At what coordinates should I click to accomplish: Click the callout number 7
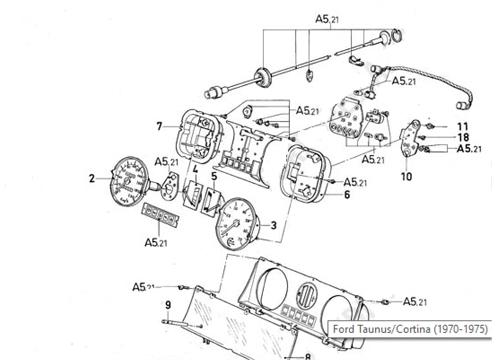click(159, 127)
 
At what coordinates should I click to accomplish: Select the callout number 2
click(92, 179)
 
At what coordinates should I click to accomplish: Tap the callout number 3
click(274, 226)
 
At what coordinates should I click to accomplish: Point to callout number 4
click(195, 170)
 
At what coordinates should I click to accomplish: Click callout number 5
click(214, 175)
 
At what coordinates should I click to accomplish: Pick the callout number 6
click(347, 195)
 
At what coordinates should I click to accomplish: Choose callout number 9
click(168, 305)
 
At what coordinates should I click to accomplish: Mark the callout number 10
click(406, 176)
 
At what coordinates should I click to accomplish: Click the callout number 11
click(462, 126)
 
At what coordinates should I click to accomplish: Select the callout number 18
click(463, 137)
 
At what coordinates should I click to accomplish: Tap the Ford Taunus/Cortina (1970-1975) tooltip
click(409, 328)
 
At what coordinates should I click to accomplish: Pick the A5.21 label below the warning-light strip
click(157, 242)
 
